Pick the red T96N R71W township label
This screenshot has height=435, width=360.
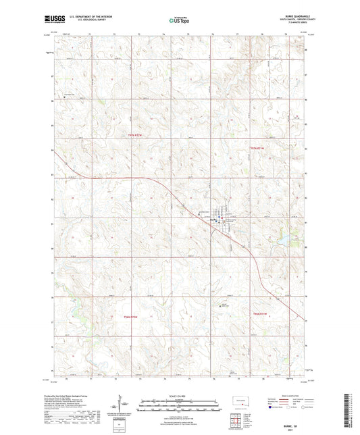point(261,313)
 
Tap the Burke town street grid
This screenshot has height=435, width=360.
point(220,217)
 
